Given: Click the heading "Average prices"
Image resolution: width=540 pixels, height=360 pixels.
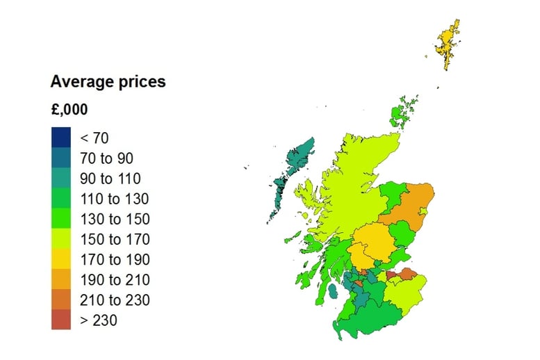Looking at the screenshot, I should click(x=108, y=81).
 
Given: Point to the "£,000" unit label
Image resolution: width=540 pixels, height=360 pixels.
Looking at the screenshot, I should click(x=69, y=110).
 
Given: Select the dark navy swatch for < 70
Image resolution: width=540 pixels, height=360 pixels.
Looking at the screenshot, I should click(x=60, y=138).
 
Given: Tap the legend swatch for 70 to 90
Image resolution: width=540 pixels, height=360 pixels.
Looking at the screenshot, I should click(x=60, y=158).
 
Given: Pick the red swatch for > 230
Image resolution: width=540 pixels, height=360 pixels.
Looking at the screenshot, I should click(x=60, y=320).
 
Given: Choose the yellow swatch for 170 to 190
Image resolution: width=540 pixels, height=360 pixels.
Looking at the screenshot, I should click(x=60, y=260).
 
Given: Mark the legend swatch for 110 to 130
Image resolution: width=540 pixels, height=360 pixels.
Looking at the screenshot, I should click(x=60, y=199).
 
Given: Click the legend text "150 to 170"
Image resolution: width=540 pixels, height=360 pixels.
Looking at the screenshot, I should click(x=115, y=240).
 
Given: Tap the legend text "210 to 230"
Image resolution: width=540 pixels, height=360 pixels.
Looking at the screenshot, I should click(x=115, y=300).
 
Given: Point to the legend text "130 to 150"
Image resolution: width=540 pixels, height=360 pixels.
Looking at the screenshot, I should click(x=115, y=219).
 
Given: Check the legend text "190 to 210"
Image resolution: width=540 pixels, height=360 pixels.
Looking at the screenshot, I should click(x=115, y=280).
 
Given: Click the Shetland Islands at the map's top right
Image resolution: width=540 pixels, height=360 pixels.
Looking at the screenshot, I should click(x=448, y=42).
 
